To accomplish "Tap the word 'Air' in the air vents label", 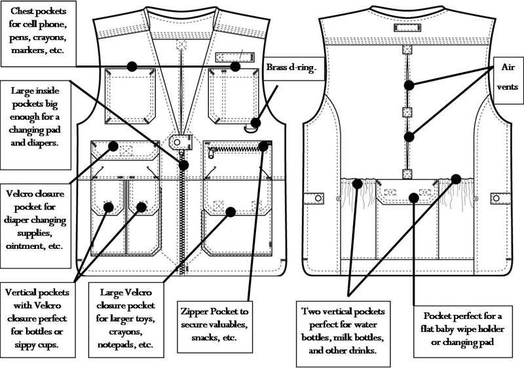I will click(508, 67).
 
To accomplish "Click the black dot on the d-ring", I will click(255, 122).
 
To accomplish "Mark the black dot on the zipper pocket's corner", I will click(263, 145).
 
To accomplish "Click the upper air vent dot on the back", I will click(409, 84).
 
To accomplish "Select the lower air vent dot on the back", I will click(409, 137).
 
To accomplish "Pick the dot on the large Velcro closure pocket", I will click(230, 211).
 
